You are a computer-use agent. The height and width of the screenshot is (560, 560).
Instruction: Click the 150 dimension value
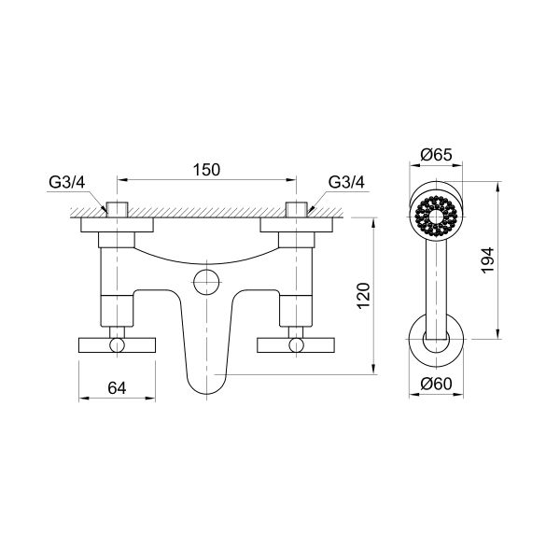pyautogui.click(x=206, y=169)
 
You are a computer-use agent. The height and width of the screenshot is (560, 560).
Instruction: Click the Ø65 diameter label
pyautogui.click(x=436, y=155)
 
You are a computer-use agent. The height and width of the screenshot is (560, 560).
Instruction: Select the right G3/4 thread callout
pyautogui.click(x=346, y=181)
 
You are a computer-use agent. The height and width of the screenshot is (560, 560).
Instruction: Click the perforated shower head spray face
pyautogui.click(x=436, y=213)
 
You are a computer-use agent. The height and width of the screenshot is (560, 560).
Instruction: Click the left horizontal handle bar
pyautogui.click(x=115, y=345)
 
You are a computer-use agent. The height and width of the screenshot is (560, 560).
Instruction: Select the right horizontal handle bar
pyautogui.click(x=298, y=345)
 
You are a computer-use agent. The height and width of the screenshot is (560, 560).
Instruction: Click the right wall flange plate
pyautogui.click(x=298, y=226)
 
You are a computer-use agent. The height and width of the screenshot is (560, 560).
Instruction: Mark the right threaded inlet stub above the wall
pyautogui.click(x=298, y=209)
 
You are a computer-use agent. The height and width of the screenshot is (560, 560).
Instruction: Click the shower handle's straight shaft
pyautogui.click(x=436, y=280)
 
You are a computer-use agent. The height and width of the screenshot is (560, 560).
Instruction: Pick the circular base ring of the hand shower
pyautogui.click(x=436, y=342)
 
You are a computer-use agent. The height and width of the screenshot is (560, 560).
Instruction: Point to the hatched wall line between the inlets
pyautogui.click(x=206, y=216)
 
